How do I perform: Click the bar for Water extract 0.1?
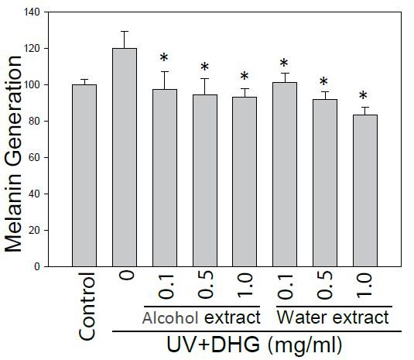(x=284, y=174)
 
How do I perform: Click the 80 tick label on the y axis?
(x=33, y=121)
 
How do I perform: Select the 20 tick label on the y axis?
(x=33, y=230)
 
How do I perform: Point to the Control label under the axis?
(x=87, y=305)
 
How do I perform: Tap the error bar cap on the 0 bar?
(x=125, y=32)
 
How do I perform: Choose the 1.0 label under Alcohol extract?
(x=245, y=287)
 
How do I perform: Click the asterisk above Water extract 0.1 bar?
(x=284, y=63)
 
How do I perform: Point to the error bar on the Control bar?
(x=84, y=80)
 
